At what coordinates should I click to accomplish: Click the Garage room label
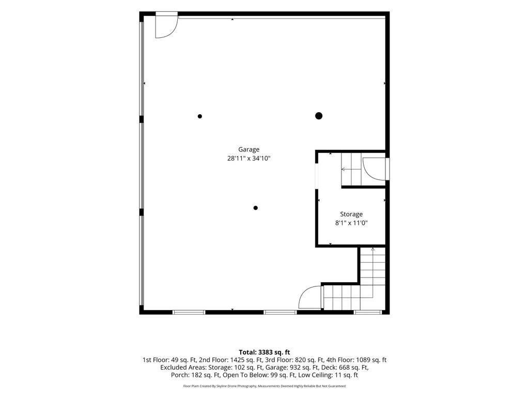248,149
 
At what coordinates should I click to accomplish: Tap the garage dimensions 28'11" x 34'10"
248,158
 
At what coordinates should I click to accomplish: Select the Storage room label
351,215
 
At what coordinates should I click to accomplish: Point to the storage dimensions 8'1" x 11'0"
351,223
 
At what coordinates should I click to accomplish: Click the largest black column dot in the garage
318,116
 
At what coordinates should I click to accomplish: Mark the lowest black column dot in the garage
255,208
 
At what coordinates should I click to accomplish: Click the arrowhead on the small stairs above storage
343,169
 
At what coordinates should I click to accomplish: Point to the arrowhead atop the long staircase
372,250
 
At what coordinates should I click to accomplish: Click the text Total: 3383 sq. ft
264,353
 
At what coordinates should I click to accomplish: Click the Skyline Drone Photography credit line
264,386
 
